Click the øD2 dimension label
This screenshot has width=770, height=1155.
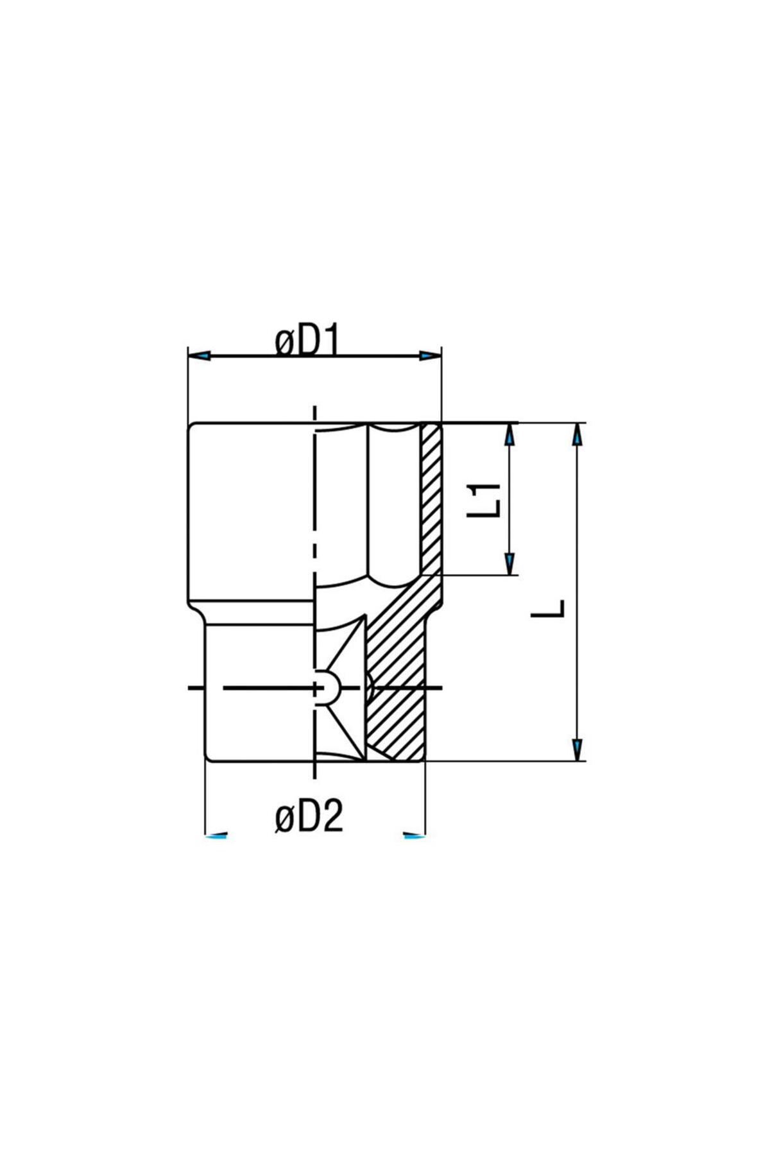click(x=309, y=818)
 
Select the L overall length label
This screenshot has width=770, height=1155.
click(x=549, y=608)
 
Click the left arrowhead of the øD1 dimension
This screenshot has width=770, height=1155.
click(x=200, y=355)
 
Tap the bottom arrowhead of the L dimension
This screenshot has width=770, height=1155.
click(x=577, y=749)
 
